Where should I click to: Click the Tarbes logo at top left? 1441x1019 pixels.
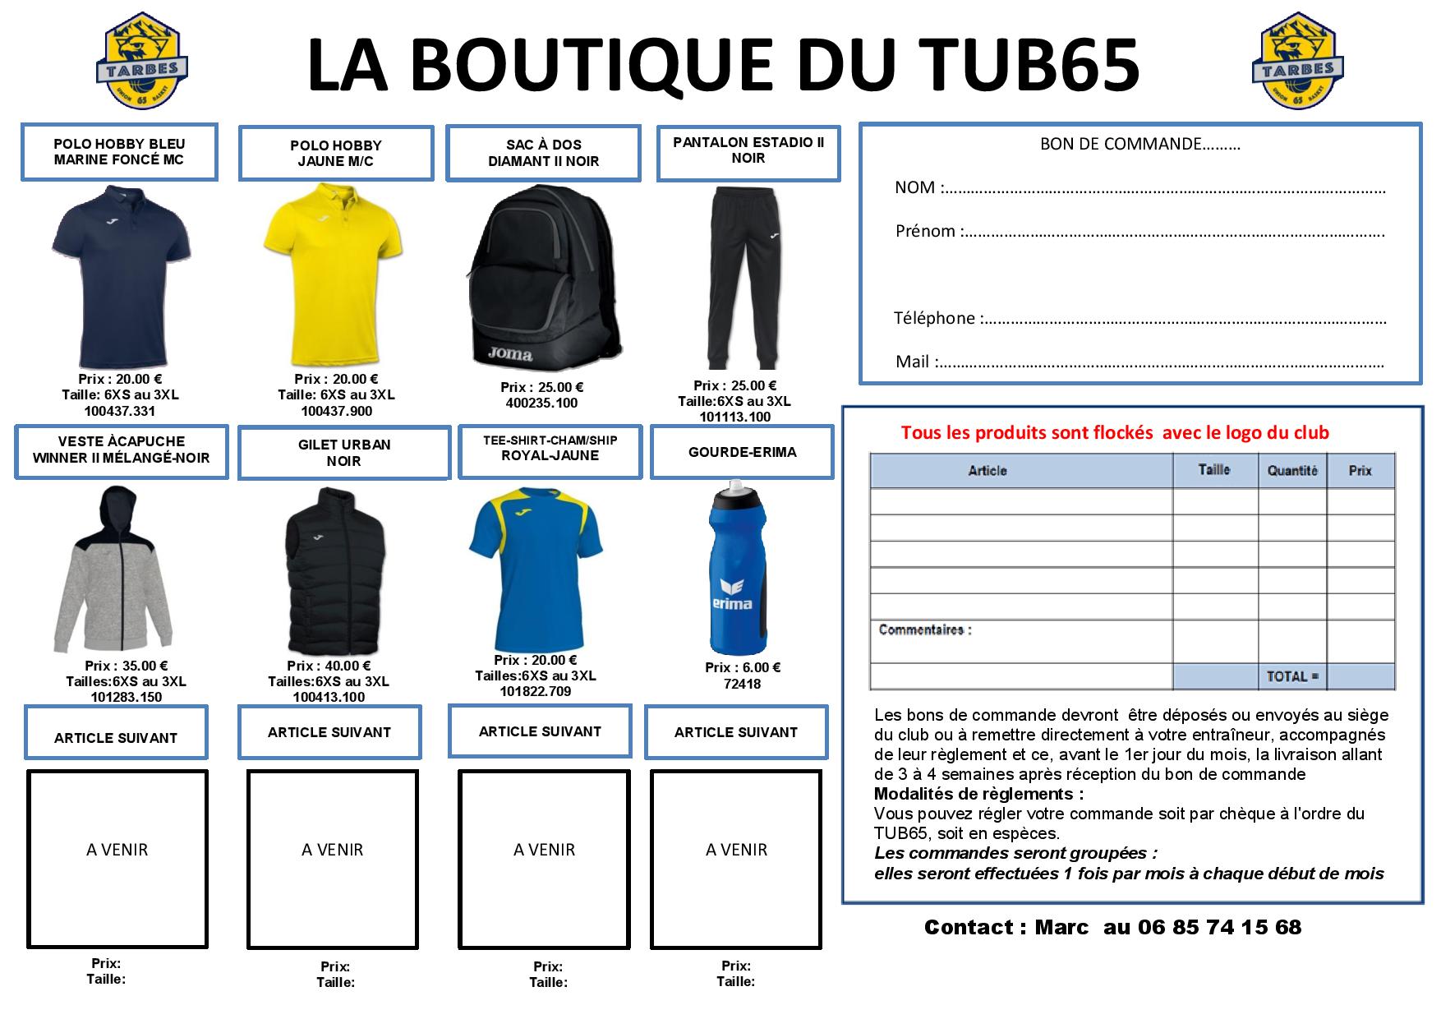[143, 60]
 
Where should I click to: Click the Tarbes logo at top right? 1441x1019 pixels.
[1297, 60]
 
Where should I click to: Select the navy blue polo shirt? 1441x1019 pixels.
[121, 276]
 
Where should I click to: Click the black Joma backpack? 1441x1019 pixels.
[543, 277]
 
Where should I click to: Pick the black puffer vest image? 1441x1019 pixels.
[331, 570]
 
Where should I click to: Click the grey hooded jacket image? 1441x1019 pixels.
[115, 569]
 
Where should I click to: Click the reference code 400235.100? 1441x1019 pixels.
[541, 403]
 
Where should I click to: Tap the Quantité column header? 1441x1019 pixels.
[1292, 471]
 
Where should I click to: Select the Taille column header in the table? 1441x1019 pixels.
[1214, 470]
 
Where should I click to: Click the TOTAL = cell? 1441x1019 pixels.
[1291, 676]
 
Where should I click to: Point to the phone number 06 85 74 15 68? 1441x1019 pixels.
[1219, 927]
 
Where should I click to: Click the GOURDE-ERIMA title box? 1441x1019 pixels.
[742, 452]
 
